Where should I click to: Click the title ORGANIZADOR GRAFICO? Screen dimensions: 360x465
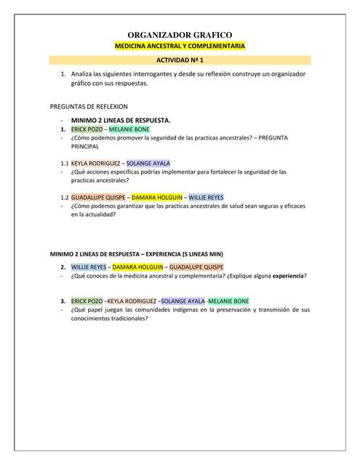coord(180,34)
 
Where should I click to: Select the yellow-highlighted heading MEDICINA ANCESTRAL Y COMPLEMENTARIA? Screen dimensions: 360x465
coord(180,46)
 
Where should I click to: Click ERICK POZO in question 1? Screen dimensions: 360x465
coord(87,129)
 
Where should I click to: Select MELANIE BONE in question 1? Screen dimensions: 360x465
coord(129,129)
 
